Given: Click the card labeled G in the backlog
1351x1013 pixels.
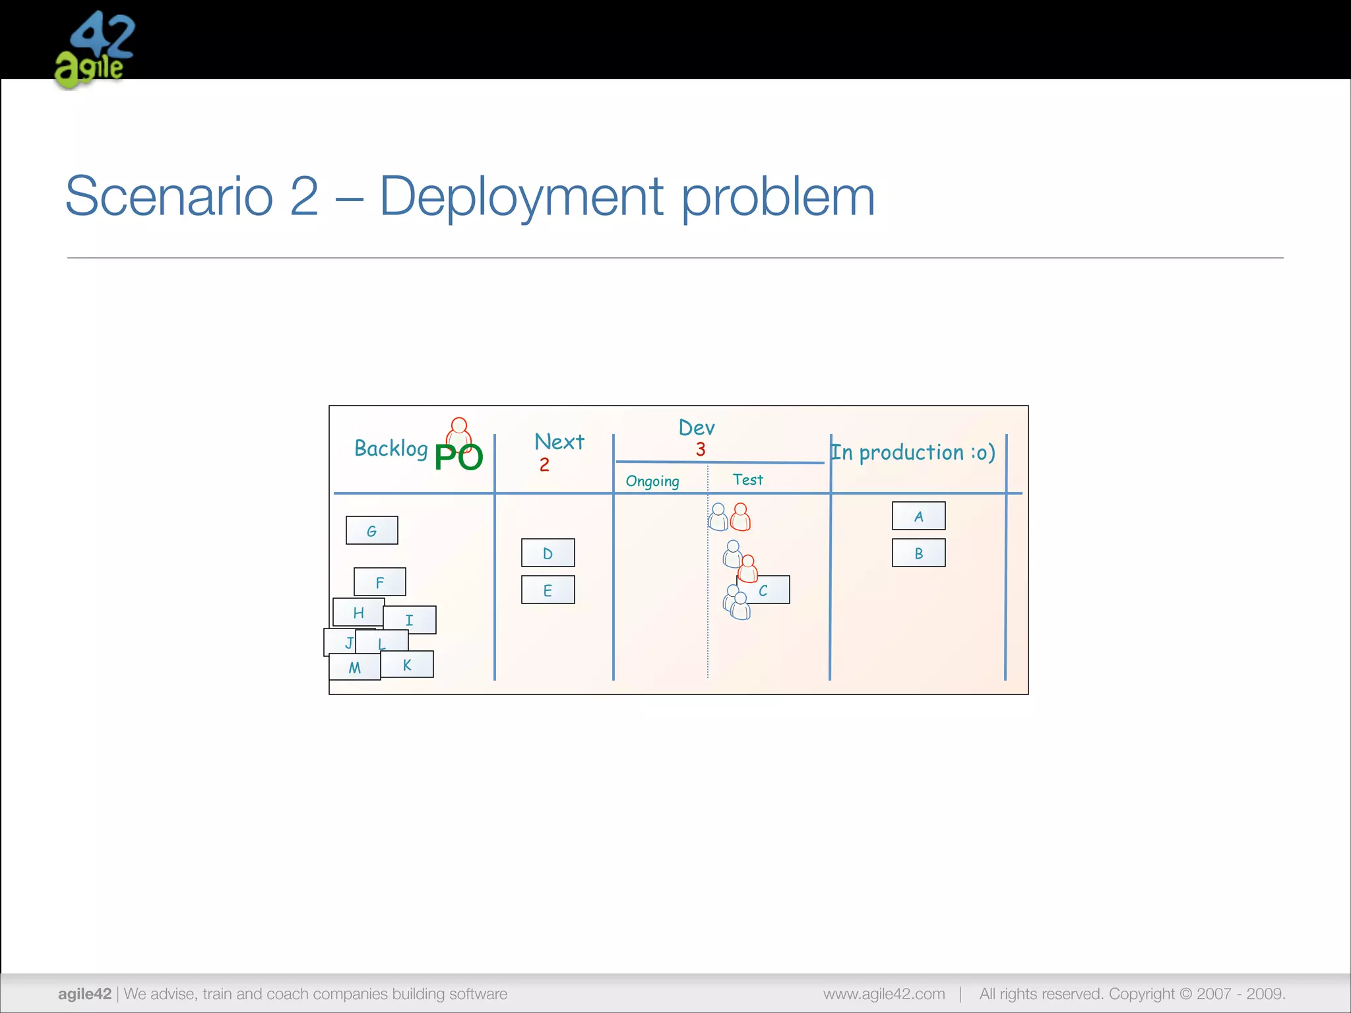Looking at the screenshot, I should pyautogui.click(x=371, y=530).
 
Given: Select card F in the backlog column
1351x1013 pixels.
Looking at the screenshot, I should pyautogui.click(x=379, y=582).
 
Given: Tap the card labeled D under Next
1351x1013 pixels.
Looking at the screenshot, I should pyautogui.click(x=548, y=553).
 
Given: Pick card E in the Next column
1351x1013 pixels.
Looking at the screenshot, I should pyautogui.click(x=548, y=590).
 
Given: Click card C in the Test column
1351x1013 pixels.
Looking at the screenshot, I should pyautogui.click(x=769, y=590).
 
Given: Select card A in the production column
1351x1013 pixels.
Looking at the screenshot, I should pyautogui.click(x=918, y=516).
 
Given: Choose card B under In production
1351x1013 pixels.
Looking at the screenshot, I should pyautogui.click(x=918, y=553).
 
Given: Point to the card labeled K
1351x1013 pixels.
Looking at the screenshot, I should pyautogui.click(x=407, y=664).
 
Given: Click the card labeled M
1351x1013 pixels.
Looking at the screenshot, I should pyautogui.click(x=354, y=667).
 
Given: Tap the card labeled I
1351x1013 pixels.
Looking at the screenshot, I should pyautogui.click(x=410, y=619).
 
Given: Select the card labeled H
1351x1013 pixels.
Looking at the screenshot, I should pyautogui.click(x=358, y=612).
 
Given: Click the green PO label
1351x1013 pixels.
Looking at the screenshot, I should pyautogui.click(x=458, y=457).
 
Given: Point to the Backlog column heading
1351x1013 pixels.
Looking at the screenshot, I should pyautogui.click(x=391, y=448).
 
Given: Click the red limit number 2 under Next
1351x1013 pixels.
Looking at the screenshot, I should pyautogui.click(x=544, y=465).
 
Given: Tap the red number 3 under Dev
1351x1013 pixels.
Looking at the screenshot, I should pyautogui.click(x=701, y=450).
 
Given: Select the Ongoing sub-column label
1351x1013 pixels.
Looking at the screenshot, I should pyautogui.click(x=652, y=481).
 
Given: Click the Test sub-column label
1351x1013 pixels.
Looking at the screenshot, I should pyautogui.click(x=747, y=479).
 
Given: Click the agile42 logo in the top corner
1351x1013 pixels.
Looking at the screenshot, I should pyautogui.click(x=94, y=50).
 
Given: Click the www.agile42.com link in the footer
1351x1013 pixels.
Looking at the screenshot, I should pyautogui.click(x=883, y=994).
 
